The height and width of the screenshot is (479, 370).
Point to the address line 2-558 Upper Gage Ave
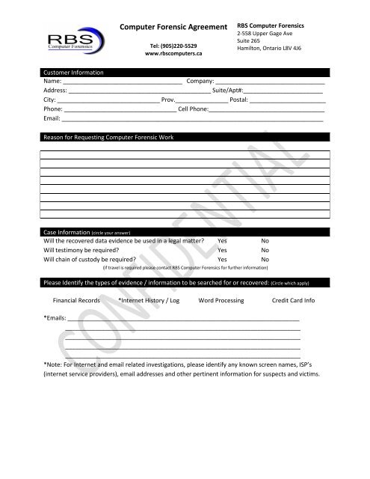click(x=265, y=34)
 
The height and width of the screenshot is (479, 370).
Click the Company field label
click(x=200, y=80)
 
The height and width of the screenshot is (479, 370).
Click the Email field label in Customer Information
click(x=52, y=119)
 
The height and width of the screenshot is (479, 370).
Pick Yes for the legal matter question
click(x=223, y=242)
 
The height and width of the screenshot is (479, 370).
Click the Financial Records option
click(x=80, y=299)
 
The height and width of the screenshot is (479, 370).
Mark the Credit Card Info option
click(x=294, y=299)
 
